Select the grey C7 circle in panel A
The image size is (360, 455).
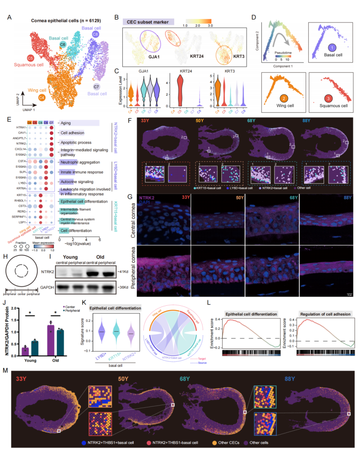(97, 86)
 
